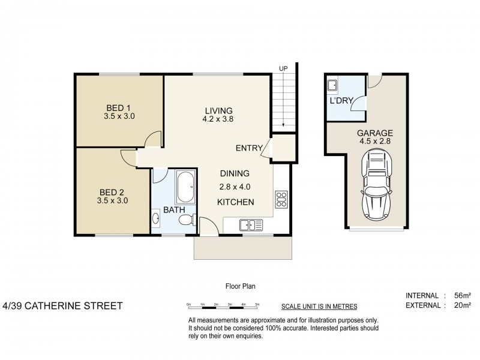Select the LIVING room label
[218, 110]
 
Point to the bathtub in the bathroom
[185, 188]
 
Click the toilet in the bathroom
[188, 219]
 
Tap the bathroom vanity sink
[156, 219]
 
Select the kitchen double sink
[251, 225]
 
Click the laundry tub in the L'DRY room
[332, 84]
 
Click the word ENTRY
[248, 148]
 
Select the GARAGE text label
[375, 133]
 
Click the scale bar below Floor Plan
[223, 306]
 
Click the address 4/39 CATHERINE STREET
[62, 306]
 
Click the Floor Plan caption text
[240, 287]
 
